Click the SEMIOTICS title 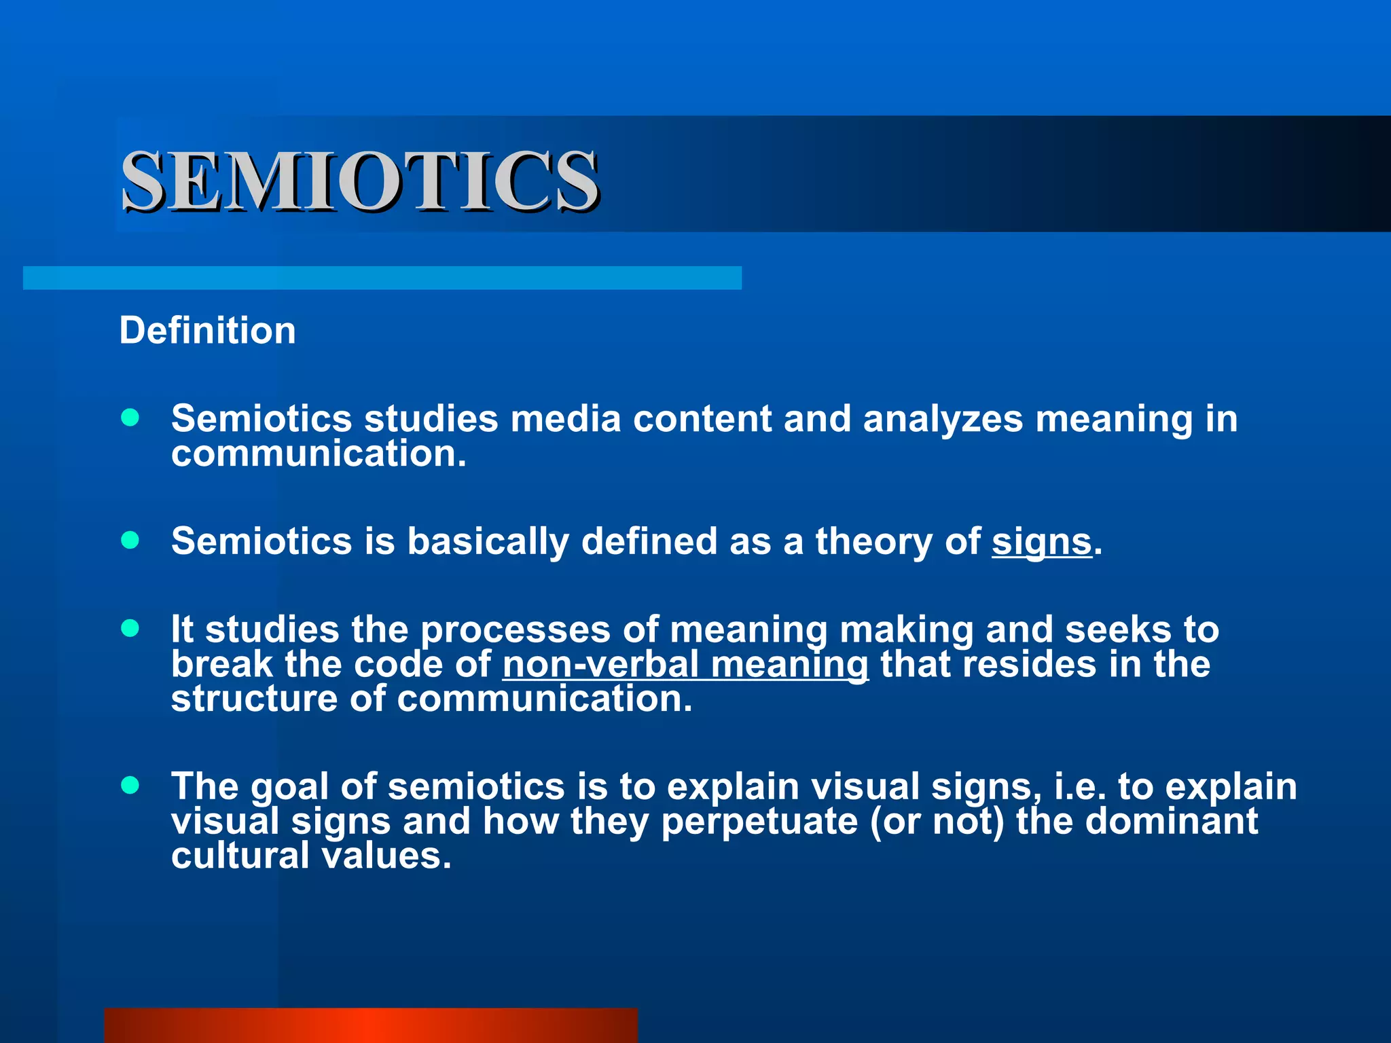tap(360, 181)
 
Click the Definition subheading tap(207, 331)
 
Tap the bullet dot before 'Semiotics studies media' tap(130, 417)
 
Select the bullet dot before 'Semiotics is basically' tap(130, 540)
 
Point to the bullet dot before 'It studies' tap(130, 628)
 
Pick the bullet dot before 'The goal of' tap(130, 786)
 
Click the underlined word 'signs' tap(1041, 542)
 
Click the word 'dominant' tap(1172, 821)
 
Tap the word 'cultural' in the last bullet tap(240, 856)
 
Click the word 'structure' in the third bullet tap(254, 699)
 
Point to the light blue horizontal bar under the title tap(382, 278)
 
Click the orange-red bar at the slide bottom tap(371, 1025)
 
